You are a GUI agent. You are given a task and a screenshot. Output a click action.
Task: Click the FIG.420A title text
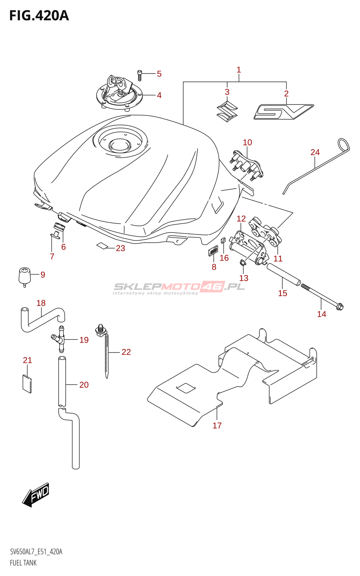pos(39,16)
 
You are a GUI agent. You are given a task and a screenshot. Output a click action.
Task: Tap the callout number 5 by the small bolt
pos(159,74)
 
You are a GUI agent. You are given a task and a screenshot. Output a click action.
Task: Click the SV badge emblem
pos(283,112)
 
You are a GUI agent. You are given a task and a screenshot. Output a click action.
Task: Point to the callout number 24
pos(315,152)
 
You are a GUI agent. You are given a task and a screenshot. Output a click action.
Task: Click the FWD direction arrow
pos(36,495)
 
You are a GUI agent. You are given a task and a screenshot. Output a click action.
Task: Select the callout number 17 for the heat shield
pos(217,426)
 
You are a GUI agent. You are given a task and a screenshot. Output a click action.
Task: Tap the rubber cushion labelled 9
pos(24,276)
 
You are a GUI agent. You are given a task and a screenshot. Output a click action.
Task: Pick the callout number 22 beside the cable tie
pos(126,352)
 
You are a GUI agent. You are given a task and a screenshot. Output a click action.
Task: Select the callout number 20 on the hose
pos(84,385)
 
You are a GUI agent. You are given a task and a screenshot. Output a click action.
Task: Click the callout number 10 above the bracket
pos(247,143)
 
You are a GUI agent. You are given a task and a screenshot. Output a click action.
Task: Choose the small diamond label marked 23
pos(102,246)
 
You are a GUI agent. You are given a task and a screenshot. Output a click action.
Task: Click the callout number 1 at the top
pos(239,70)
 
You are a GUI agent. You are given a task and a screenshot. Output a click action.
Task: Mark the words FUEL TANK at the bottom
pos(23,563)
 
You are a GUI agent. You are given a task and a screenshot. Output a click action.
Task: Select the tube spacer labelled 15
pos(283,274)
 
